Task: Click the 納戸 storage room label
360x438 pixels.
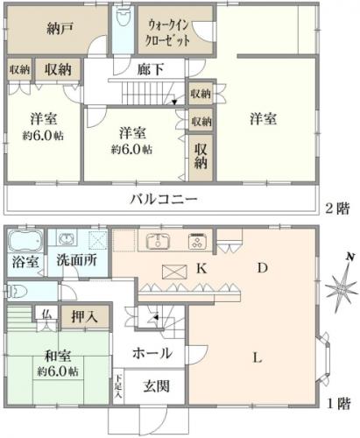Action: pyautogui.click(x=60, y=29)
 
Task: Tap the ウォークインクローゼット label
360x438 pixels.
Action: pyautogui.click(x=168, y=33)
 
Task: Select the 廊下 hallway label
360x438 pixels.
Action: pyautogui.click(x=151, y=69)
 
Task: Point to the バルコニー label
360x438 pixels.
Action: pyautogui.click(x=164, y=200)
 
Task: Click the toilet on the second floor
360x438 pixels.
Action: pyautogui.click(x=123, y=16)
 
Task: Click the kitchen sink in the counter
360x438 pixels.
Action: pyautogui.click(x=158, y=241)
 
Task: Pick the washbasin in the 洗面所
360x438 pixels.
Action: pyautogui.click(x=67, y=239)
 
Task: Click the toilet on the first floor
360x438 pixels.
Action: pyautogui.click(x=17, y=292)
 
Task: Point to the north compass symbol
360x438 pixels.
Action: pyautogui.click(x=342, y=287)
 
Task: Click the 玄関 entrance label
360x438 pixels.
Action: pyautogui.click(x=156, y=386)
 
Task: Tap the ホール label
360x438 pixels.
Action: pyautogui.click(x=152, y=353)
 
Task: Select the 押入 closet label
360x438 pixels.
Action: pyautogui.click(x=84, y=316)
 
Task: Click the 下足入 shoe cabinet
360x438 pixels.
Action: pyautogui.click(x=118, y=386)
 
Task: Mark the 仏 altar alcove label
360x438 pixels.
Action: pyautogui.click(x=46, y=314)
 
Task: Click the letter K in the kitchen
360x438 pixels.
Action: pyautogui.click(x=201, y=268)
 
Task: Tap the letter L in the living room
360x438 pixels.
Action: pyautogui.click(x=258, y=357)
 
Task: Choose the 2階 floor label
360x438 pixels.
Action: pyautogui.click(x=337, y=208)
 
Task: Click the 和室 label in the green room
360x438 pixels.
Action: pyautogui.click(x=58, y=356)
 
